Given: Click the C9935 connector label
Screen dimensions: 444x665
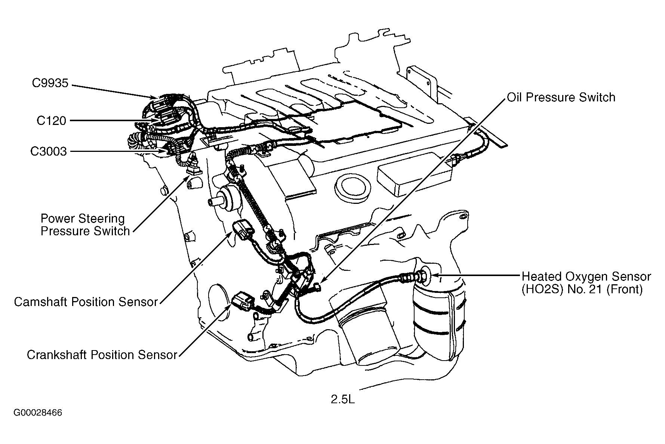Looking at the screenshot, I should [x=50, y=83].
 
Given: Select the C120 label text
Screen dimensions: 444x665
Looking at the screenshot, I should [x=51, y=121].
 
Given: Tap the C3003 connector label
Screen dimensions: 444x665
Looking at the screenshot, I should [x=49, y=151].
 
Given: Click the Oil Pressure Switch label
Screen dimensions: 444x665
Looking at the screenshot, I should [x=561, y=98].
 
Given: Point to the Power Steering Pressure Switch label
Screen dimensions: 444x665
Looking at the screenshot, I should [x=85, y=225].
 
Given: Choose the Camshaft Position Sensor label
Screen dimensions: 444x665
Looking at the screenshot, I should [x=86, y=302].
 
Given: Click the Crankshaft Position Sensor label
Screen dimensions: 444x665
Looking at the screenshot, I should [x=102, y=355].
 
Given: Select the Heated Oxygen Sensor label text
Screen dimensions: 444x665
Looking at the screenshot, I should [x=586, y=283].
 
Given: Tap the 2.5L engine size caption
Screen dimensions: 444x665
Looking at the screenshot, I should [x=342, y=400].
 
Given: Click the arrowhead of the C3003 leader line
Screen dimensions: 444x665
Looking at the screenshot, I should [x=164, y=151].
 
